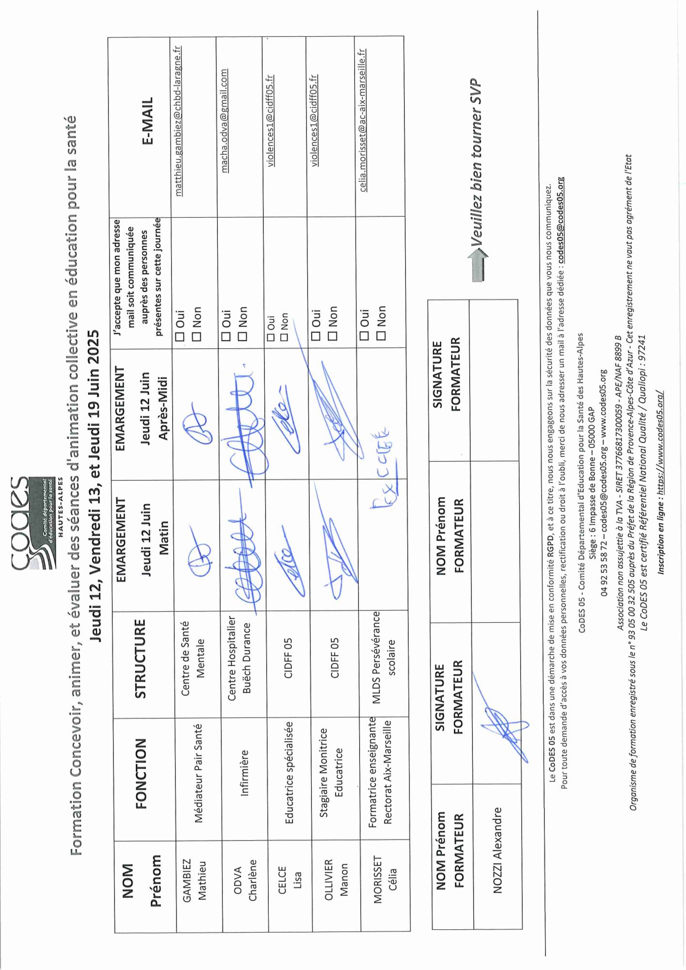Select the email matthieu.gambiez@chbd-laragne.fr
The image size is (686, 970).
178,121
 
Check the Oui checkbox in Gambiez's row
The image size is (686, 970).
180,336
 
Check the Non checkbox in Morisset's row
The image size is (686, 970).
381,335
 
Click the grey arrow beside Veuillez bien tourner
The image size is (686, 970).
478,264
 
